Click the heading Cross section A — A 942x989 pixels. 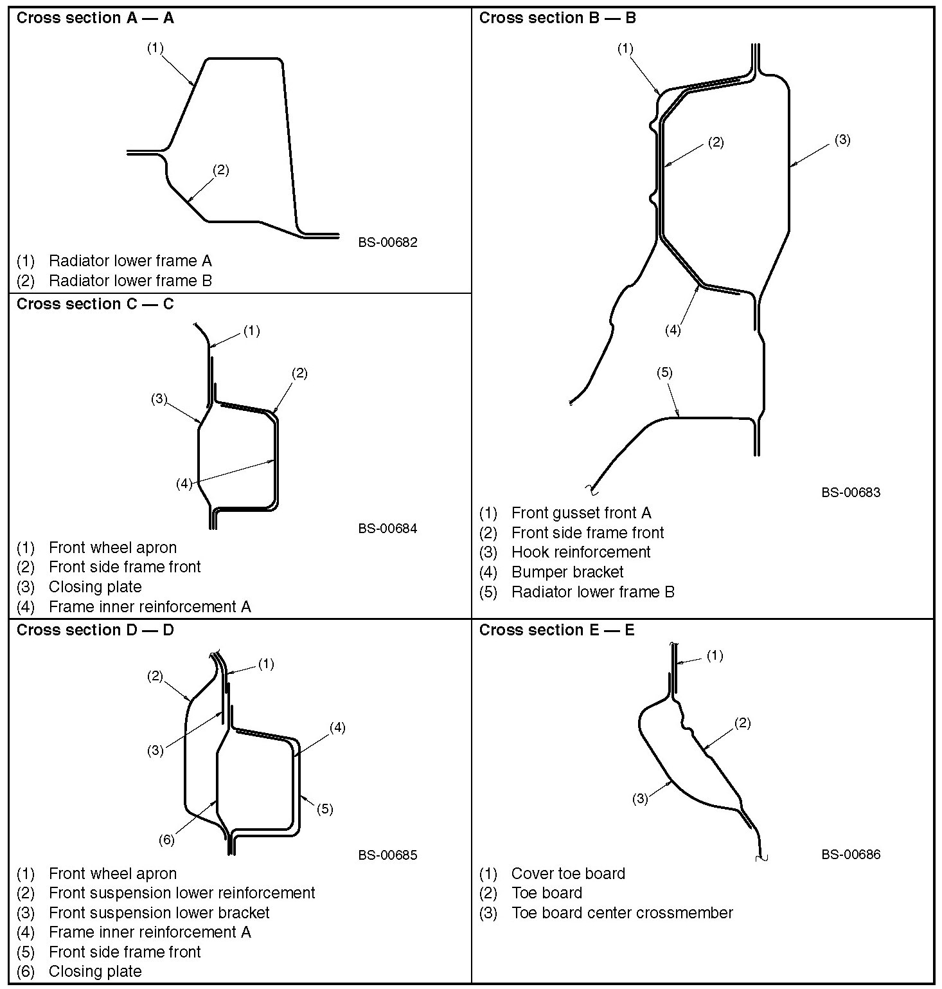point(95,18)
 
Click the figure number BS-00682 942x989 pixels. point(388,242)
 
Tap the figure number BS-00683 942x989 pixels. point(851,493)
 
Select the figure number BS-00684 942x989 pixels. point(388,529)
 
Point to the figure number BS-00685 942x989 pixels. point(388,855)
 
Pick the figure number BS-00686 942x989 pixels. point(851,855)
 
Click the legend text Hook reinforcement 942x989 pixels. point(581,552)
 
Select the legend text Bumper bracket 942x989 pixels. point(567,572)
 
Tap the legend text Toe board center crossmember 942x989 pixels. point(622,913)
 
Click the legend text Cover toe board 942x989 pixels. point(568,874)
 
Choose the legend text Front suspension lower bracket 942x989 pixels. point(159,913)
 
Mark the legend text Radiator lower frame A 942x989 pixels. point(130,261)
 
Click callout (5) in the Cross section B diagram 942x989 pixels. point(664,372)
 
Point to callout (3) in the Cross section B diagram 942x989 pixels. point(842,140)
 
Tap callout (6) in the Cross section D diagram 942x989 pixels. point(166,840)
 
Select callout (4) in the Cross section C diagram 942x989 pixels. point(184,484)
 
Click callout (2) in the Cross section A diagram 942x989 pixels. point(220,170)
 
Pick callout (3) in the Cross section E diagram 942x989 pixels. point(640,799)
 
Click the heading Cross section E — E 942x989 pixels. point(556,630)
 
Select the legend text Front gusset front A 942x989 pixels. point(581,513)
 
